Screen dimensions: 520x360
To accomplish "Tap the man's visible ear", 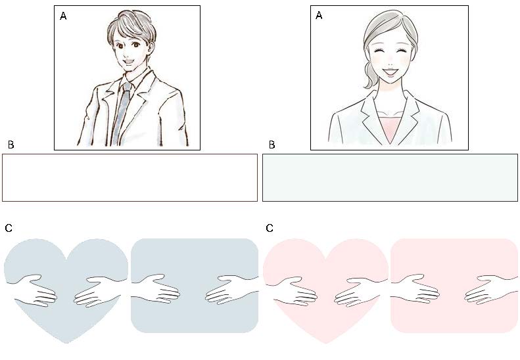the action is [x=151, y=49].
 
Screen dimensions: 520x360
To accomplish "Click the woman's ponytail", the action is [x=369, y=76].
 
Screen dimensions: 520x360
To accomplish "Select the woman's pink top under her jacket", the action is [x=390, y=126].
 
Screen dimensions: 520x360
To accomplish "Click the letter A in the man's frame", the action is [x=63, y=16].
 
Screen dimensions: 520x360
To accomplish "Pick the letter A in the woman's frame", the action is [x=319, y=15].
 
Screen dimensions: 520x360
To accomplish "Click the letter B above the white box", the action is [x=11, y=145].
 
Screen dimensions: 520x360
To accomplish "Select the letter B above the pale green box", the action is [x=272, y=145].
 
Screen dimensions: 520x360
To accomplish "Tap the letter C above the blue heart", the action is [x=9, y=228].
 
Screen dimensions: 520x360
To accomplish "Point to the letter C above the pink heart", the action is [x=270, y=228].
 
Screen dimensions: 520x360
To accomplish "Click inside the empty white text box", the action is [x=130, y=177].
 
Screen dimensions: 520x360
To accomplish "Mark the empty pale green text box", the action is [x=390, y=177].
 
